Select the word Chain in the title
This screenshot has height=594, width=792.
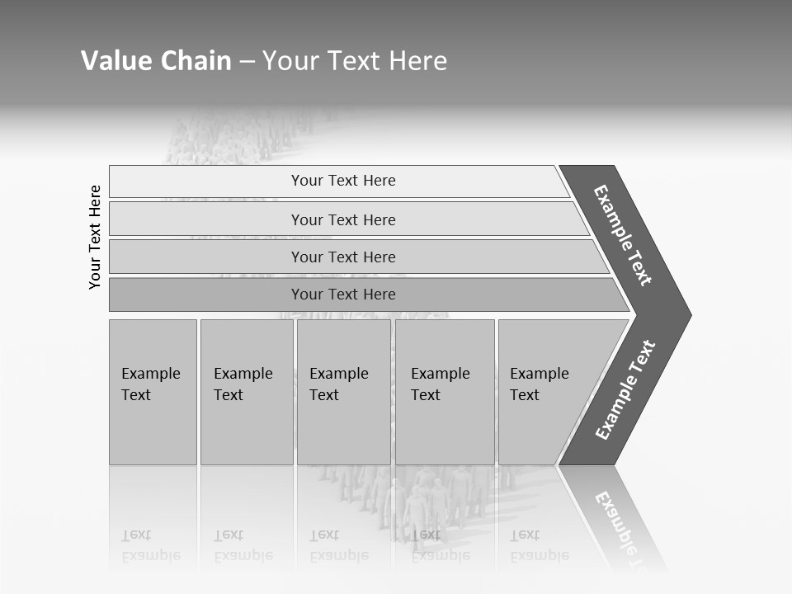click(x=196, y=61)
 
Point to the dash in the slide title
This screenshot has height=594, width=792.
click(x=247, y=62)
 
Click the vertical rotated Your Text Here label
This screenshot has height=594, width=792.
click(x=95, y=237)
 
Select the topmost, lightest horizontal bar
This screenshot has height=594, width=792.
click(x=343, y=181)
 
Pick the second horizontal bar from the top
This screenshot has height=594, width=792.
click(x=343, y=219)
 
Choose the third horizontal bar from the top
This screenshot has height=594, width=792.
click(x=343, y=257)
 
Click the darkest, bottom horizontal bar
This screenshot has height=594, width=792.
click(x=343, y=295)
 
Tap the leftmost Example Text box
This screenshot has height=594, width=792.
click(x=153, y=391)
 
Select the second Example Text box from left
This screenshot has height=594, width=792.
click(x=246, y=391)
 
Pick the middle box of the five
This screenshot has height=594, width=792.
click(x=343, y=391)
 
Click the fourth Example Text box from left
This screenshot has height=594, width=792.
click(x=445, y=391)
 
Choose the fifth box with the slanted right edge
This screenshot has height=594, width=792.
click(x=544, y=391)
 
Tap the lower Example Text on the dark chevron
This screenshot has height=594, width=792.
click(x=625, y=389)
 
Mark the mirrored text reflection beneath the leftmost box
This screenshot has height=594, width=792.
click(x=151, y=545)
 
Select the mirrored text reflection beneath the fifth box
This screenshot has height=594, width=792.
click(x=540, y=545)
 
